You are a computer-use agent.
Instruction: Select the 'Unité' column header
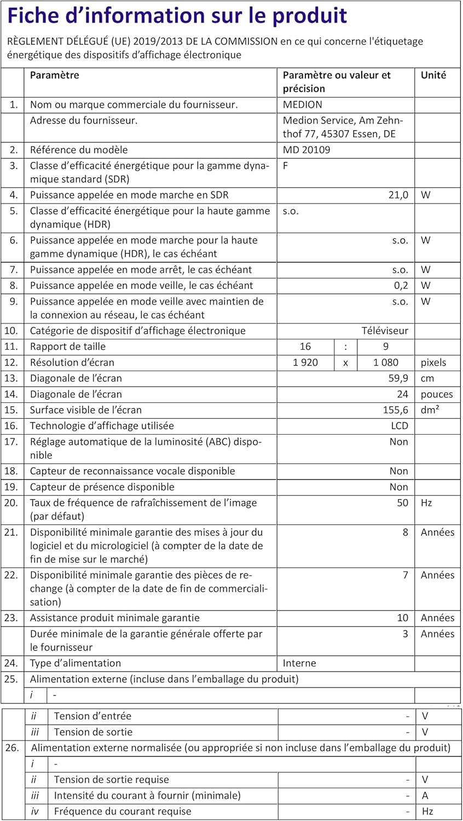click(433, 76)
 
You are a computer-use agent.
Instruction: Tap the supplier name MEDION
click(302, 105)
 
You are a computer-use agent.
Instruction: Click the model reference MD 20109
click(306, 150)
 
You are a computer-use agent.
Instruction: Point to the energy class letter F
click(286, 166)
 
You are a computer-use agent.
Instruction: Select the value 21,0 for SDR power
click(398, 195)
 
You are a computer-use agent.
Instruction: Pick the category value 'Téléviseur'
click(385, 331)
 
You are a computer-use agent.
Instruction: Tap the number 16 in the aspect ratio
click(305, 346)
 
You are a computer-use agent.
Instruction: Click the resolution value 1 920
click(305, 362)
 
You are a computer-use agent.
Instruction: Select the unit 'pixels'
click(433, 362)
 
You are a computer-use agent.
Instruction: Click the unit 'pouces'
click(437, 394)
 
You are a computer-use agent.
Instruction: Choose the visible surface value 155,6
click(395, 410)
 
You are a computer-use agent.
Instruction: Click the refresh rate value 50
click(402, 502)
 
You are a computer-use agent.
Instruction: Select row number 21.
click(11, 532)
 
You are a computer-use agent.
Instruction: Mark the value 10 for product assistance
click(402, 618)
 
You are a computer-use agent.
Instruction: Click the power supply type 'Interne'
click(299, 663)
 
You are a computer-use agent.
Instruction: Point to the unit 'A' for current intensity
click(425, 796)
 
